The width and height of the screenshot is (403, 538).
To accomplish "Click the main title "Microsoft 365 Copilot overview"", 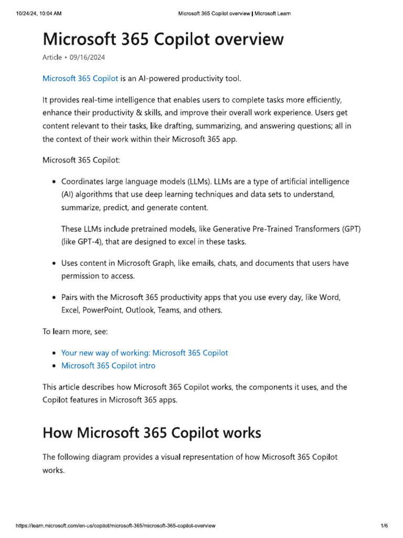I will (x=163, y=39).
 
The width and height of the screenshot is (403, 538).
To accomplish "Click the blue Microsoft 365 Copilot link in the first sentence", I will (x=80, y=79).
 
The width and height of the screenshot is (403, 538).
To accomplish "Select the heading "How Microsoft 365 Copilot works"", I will (x=152, y=433).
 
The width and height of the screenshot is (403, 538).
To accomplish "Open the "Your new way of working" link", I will (x=145, y=353).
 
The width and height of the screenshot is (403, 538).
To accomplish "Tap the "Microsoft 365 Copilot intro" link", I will (x=108, y=366).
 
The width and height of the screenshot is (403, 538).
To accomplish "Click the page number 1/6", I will (x=384, y=525).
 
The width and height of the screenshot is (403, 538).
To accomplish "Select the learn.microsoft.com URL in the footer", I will (x=115, y=525).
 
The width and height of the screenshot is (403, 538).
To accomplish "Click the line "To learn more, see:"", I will (x=75, y=332).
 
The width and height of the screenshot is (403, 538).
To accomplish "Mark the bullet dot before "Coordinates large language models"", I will (x=54, y=182).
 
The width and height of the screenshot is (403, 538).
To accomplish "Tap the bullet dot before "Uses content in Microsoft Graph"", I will (x=54, y=263).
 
